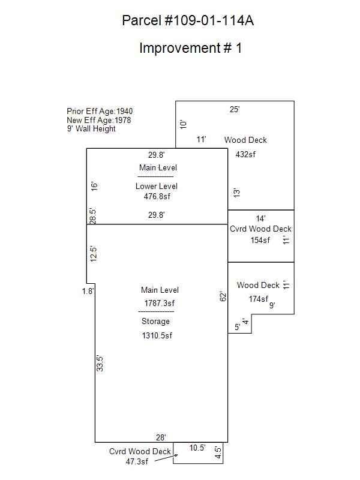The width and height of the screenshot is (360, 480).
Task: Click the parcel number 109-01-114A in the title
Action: click(x=209, y=20)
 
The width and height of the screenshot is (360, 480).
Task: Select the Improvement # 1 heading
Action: click(x=190, y=48)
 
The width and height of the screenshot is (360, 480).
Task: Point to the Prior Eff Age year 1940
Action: click(x=125, y=111)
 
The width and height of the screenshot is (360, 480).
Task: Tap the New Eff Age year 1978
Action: click(x=123, y=120)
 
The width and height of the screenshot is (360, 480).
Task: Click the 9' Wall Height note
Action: click(x=91, y=129)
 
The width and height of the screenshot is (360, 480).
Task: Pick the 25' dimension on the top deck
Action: click(x=235, y=109)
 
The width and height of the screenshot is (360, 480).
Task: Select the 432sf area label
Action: click(x=245, y=154)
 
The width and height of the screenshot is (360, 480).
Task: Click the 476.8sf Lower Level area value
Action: click(x=157, y=196)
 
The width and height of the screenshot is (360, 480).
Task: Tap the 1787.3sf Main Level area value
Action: click(x=160, y=303)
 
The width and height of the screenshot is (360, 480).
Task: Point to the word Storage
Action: click(x=155, y=321)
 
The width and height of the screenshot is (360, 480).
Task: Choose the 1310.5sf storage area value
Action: click(x=157, y=335)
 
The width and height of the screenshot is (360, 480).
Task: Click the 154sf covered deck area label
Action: click(x=260, y=240)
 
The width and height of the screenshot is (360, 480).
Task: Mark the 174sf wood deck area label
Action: click(x=259, y=299)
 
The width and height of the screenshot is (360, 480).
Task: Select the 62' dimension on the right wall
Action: click(x=223, y=296)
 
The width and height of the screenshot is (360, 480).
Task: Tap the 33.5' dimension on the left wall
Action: click(x=100, y=364)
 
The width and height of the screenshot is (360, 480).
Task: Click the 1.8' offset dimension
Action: click(x=88, y=291)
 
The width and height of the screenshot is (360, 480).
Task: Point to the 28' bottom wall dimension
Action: click(x=161, y=437)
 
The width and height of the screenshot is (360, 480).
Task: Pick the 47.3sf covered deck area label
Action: click(x=137, y=461)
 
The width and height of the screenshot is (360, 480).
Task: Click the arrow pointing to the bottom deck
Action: click(x=166, y=458)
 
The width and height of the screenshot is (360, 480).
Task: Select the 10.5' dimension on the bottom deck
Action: click(x=197, y=448)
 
